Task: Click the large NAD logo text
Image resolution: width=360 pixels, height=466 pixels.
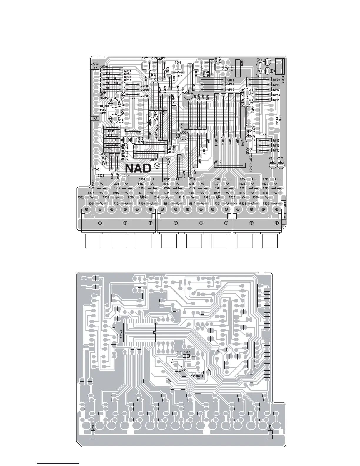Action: click(138, 168)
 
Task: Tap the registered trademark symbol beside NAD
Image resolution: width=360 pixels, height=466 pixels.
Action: click(157, 166)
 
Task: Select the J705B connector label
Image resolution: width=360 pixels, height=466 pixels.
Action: click(94, 64)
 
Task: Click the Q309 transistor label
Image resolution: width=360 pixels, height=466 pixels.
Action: click(178, 62)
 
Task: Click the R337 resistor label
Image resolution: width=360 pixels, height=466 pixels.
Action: click(179, 76)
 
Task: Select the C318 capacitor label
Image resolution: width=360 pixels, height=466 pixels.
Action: click(272, 159)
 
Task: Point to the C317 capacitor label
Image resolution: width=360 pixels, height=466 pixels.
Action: click(280, 159)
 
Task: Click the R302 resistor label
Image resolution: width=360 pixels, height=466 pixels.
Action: click(81, 197)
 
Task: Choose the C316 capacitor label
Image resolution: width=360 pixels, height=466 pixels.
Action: click(266, 179)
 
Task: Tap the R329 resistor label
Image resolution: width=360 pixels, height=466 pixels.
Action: click(266, 204)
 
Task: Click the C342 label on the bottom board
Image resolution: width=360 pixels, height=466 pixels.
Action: click(186, 352)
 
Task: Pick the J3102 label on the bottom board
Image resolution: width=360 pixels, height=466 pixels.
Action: click(93, 426)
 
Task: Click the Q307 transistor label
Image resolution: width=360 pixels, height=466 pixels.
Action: click(144, 59)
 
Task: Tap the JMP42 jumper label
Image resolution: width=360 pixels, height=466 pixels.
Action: click(230, 80)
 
